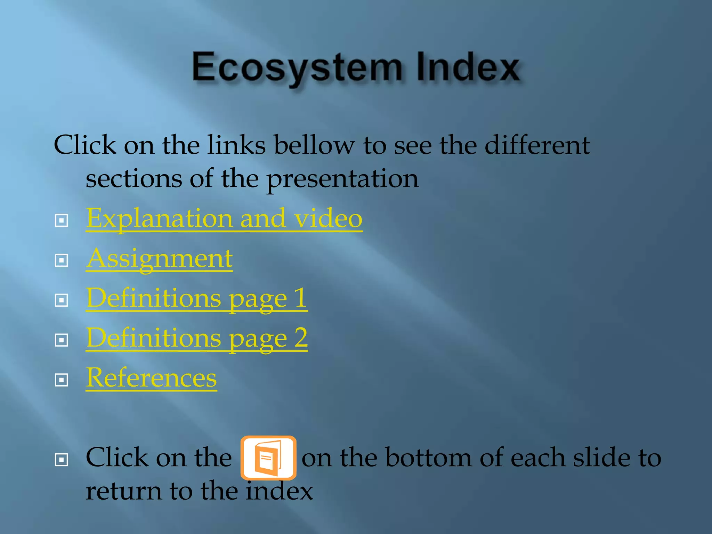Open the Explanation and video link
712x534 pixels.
click(x=224, y=218)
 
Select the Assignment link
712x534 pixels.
click(x=159, y=259)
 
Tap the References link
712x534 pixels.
click(x=151, y=378)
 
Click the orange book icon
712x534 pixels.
click(x=268, y=458)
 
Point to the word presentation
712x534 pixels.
click(x=342, y=179)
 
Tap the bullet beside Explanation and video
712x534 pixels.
click(x=62, y=220)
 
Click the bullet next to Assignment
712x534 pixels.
click(x=62, y=260)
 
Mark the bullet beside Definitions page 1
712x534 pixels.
click(x=62, y=300)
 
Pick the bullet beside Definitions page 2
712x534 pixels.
click(x=62, y=340)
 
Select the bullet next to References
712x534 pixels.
click(x=62, y=380)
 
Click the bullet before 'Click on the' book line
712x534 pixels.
click(x=62, y=460)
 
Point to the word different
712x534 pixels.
click(x=537, y=145)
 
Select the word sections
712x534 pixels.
click(x=133, y=179)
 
